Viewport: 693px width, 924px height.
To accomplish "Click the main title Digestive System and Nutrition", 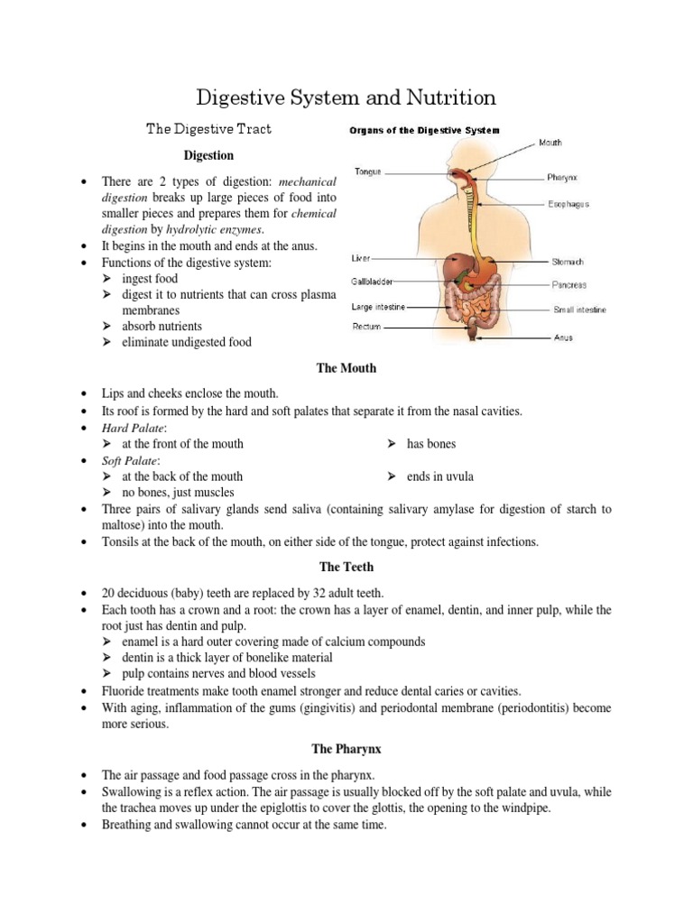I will click(346, 97).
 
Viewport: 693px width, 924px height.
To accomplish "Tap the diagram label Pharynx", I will click(563, 177).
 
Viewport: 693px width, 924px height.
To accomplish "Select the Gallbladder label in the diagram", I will click(372, 282).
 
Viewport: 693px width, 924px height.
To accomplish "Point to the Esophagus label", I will click(568, 205).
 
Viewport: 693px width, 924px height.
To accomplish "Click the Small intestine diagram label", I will click(579, 310).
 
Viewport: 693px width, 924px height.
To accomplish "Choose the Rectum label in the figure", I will click(366, 328).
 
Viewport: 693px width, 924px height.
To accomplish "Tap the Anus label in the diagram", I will click(562, 338).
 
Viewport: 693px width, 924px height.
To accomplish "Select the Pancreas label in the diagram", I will click(570, 285).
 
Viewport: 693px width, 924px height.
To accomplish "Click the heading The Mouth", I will click(346, 368).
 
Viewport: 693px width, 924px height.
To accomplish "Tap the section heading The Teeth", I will click(346, 567).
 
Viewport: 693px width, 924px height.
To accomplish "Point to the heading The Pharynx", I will click(346, 749).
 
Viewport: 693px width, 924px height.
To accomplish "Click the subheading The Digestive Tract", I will click(208, 129).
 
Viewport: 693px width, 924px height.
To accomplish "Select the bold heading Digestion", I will click(208, 156).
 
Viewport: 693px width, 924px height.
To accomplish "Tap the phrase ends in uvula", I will click(440, 476).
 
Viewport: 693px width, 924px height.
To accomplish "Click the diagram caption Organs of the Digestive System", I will click(424, 131).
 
